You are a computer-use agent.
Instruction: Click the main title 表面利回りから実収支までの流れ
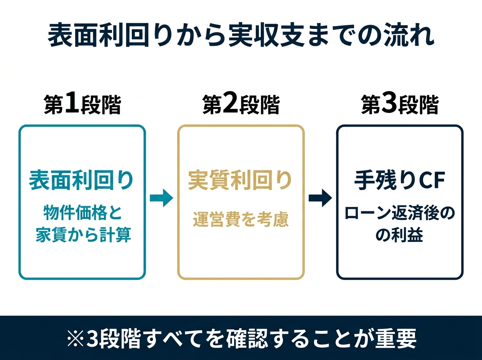[241, 37]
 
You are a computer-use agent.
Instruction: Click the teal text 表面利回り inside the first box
[81, 181]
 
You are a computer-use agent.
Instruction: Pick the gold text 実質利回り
[240, 181]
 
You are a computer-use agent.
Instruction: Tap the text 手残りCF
[400, 181]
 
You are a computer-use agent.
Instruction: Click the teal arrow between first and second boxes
[161, 198]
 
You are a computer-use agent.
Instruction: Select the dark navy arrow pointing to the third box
[320, 198]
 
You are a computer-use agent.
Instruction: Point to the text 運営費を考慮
[240, 220]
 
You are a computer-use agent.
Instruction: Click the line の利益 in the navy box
[399, 235]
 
